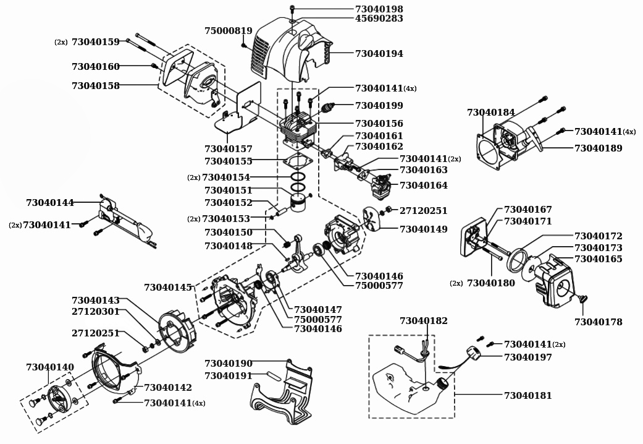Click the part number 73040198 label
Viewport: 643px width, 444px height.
click(x=379, y=9)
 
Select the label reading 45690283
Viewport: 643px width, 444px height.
click(x=379, y=19)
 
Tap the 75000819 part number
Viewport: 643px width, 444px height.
click(x=229, y=31)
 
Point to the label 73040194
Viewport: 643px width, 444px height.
click(x=379, y=54)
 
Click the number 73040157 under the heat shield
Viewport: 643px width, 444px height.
click(x=229, y=149)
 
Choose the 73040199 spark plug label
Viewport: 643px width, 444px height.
click(x=379, y=106)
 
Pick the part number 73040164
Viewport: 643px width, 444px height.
click(x=423, y=186)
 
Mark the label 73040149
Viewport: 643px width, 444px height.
click(x=423, y=229)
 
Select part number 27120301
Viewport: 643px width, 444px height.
click(x=96, y=312)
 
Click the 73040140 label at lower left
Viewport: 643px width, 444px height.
click(x=50, y=367)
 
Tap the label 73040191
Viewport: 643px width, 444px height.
click(x=229, y=375)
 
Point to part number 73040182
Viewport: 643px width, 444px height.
click(x=424, y=321)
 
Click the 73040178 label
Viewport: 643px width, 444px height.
click(x=598, y=322)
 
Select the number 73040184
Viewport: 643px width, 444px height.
click(x=491, y=113)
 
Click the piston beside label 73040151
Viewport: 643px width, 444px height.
click(x=300, y=205)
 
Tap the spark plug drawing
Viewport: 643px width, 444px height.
click(x=327, y=109)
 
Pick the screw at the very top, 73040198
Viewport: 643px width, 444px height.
click(x=292, y=9)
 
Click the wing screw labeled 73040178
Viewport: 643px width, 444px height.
click(x=582, y=299)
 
